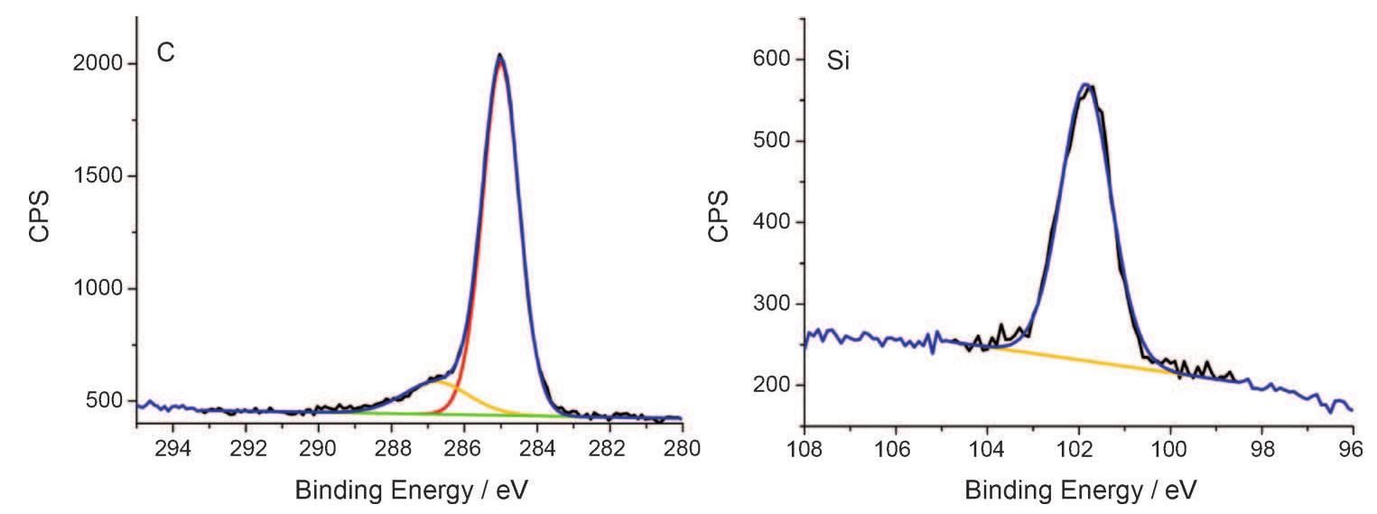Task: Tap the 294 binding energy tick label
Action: click(x=173, y=448)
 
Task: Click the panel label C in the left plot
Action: click(x=166, y=53)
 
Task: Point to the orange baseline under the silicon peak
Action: click(x=1084, y=359)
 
